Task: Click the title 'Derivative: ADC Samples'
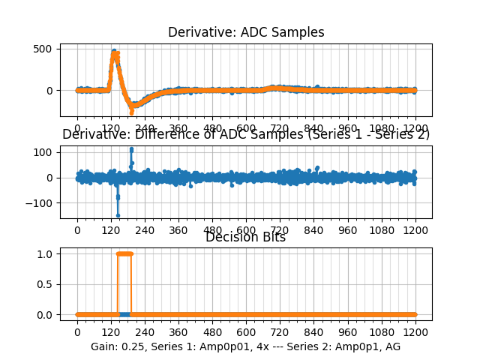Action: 246,32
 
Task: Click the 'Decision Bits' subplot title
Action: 246,238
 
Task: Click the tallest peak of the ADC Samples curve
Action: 114,52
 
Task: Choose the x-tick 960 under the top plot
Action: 348,128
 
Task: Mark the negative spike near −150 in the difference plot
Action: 118,215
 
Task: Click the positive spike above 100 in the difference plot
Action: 131,149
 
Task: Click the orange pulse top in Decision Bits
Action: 124,253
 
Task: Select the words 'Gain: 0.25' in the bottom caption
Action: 117,346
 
